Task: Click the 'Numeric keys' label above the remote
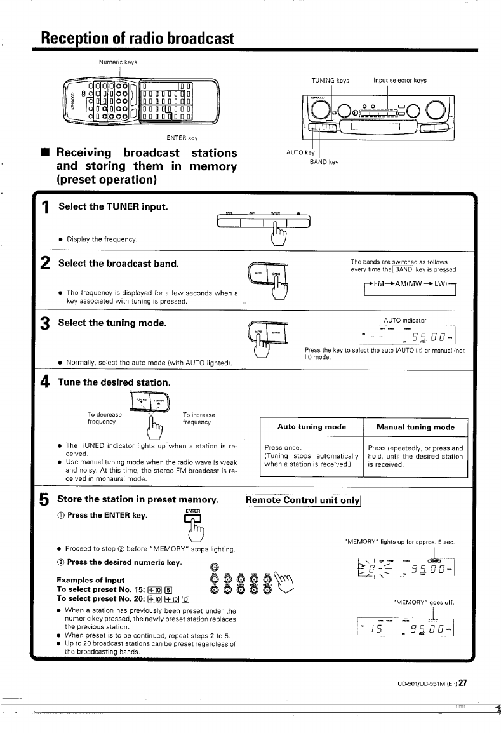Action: click(x=117, y=62)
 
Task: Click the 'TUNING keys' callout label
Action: click(x=330, y=81)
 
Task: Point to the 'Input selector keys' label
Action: click(x=400, y=81)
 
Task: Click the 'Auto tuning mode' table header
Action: click(x=312, y=427)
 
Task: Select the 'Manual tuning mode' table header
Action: click(x=415, y=427)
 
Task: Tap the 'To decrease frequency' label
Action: click(x=105, y=419)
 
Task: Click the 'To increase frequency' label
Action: click(x=199, y=419)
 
